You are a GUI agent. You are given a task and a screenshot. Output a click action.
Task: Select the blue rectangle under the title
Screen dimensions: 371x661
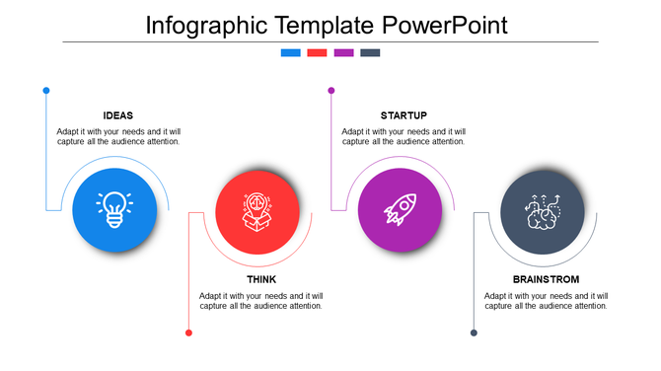click(290, 52)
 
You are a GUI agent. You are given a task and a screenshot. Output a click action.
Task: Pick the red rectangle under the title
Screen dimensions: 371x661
click(317, 52)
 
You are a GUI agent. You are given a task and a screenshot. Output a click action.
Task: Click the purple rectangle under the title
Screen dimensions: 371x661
click(343, 52)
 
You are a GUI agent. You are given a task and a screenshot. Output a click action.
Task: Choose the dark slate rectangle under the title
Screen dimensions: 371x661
click(370, 52)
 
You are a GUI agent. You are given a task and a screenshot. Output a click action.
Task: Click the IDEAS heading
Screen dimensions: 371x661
click(118, 115)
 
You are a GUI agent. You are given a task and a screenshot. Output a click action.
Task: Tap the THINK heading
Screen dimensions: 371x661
click(261, 279)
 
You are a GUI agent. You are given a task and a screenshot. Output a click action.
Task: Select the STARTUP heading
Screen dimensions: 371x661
click(404, 115)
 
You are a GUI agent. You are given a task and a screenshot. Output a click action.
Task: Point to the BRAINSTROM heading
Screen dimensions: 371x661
click(546, 279)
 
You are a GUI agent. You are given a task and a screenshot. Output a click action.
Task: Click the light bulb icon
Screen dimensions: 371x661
click(114, 208)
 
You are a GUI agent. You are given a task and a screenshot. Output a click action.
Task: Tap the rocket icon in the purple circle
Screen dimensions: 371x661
click(400, 208)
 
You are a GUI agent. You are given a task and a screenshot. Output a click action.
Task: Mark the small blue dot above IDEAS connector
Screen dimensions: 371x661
click(46, 91)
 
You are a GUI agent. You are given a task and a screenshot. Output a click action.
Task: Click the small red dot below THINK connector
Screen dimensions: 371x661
click(188, 333)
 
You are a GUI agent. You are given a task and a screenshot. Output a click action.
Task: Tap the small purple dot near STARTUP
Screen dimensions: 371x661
click(331, 91)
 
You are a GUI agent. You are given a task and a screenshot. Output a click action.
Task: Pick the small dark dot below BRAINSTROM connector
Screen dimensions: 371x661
click(474, 333)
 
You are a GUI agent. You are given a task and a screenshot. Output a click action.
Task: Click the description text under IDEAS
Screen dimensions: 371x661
click(118, 136)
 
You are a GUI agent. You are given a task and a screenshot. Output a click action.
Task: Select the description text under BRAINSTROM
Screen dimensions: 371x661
click(546, 301)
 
